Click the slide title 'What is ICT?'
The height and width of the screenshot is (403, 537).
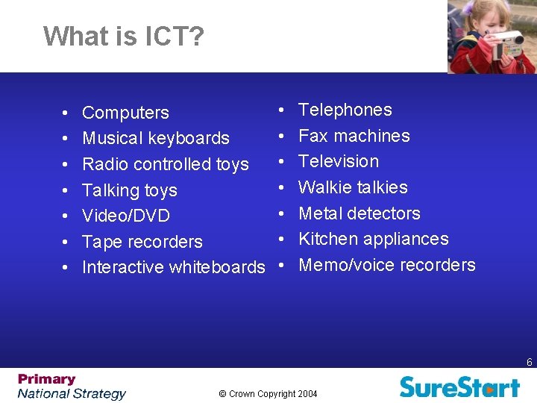pos(123,36)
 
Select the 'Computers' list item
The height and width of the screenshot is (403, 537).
pos(125,113)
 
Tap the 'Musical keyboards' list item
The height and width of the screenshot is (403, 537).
pos(155,138)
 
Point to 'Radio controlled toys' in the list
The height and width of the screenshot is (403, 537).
pos(165,164)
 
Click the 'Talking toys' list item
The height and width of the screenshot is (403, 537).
pos(129,190)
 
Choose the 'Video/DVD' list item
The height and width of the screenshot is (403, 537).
pos(125,216)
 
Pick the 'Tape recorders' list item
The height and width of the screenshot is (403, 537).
pos(142,242)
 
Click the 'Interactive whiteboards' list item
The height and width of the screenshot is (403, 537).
pos(173,267)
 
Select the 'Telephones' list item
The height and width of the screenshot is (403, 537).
pos(345,110)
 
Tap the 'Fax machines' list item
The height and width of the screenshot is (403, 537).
pos(354,136)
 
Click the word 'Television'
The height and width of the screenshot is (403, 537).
pos(339,161)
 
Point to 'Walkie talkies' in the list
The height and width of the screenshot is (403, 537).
pos(353,187)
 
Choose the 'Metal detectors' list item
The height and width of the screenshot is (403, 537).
pos(359,213)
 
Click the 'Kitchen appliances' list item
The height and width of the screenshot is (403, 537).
pos(373,239)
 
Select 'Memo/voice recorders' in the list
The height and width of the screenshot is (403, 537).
pos(386,265)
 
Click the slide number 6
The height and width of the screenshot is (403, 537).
pos(529,363)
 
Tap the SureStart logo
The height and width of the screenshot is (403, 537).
pos(459,387)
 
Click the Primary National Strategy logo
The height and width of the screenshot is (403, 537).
pos(72,387)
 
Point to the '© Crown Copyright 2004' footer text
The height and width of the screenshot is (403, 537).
pos(268,393)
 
